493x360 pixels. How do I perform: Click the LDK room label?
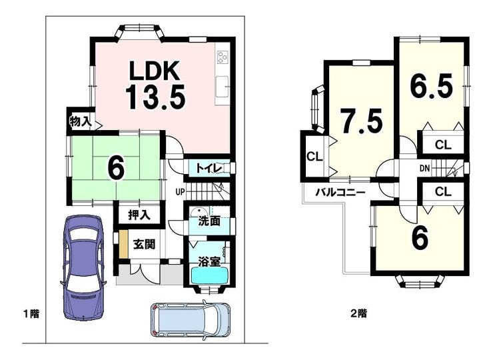point(155,71)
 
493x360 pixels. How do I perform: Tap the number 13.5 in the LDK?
point(155,97)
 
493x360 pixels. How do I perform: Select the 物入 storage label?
point(81,121)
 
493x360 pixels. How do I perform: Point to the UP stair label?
point(180,191)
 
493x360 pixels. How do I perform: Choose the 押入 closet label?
point(139,215)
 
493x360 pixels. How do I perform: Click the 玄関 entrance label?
point(144,244)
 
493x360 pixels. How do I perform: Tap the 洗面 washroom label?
point(209,221)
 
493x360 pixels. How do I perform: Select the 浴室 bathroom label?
point(209,261)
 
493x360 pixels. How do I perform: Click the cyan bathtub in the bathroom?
point(210,276)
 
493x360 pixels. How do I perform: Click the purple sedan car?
point(83,267)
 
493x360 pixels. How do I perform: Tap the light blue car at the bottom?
point(191,320)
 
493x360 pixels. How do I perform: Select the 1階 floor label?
point(31,314)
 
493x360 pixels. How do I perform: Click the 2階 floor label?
point(358,313)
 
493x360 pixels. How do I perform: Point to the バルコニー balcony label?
point(341,192)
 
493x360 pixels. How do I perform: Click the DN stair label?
point(424,169)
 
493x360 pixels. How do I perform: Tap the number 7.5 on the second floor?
point(362,121)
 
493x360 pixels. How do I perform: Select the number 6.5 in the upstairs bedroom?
point(432,85)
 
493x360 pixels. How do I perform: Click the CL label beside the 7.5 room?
point(314,157)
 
